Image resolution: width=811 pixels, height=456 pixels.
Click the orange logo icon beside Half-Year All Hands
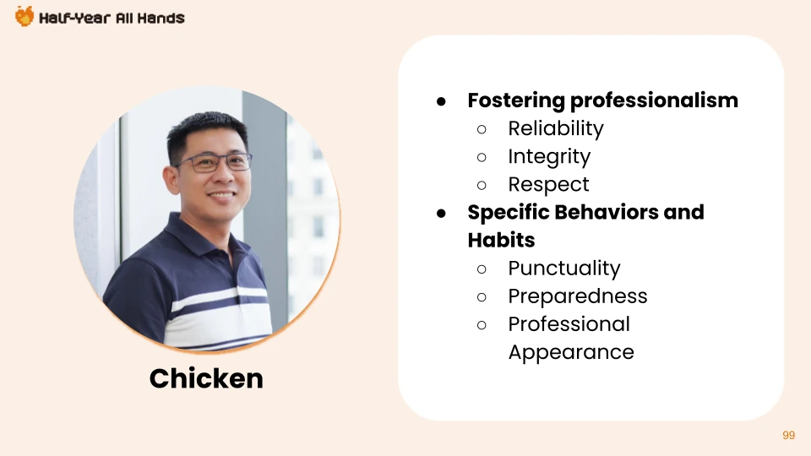24,17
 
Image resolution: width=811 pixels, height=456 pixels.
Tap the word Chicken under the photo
206,378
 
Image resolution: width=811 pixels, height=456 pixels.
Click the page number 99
789,436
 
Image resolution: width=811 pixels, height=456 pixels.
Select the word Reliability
556,128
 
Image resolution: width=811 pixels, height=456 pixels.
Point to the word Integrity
549,157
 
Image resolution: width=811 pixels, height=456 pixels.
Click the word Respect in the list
549,185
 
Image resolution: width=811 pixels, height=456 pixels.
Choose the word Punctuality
564,269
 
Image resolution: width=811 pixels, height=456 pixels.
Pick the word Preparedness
578,296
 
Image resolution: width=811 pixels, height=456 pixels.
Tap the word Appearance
571,353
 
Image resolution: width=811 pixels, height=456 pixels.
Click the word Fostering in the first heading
516,100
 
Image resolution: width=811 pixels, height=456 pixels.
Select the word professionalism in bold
654,100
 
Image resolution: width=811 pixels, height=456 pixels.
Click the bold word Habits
501,240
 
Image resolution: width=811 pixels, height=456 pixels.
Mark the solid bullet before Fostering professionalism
441,101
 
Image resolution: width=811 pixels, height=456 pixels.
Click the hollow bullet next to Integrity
482,157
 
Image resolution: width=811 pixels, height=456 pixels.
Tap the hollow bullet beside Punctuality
482,269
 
